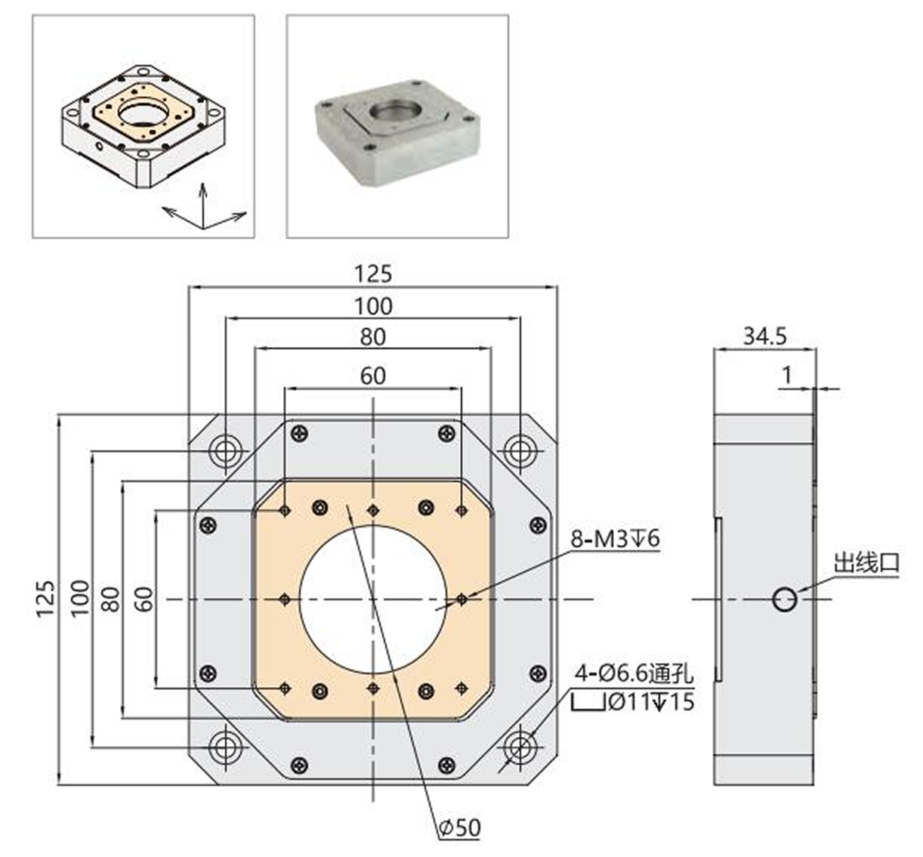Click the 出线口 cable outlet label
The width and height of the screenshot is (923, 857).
click(x=866, y=563)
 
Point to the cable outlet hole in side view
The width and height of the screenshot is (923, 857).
click(x=785, y=599)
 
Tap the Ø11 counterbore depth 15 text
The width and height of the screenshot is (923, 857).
click(x=650, y=702)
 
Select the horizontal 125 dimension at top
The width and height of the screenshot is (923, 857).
click(x=373, y=273)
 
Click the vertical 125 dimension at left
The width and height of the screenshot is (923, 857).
click(x=45, y=598)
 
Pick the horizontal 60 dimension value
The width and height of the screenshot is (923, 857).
click(x=373, y=375)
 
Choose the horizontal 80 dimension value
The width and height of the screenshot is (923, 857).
click(x=373, y=336)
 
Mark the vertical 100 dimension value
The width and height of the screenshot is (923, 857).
click(x=79, y=598)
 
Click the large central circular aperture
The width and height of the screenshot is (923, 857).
click(x=373, y=599)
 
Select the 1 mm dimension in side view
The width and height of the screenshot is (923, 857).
click(x=788, y=373)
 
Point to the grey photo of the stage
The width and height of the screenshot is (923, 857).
click(x=397, y=127)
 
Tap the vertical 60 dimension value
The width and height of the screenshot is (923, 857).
click(x=145, y=598)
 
